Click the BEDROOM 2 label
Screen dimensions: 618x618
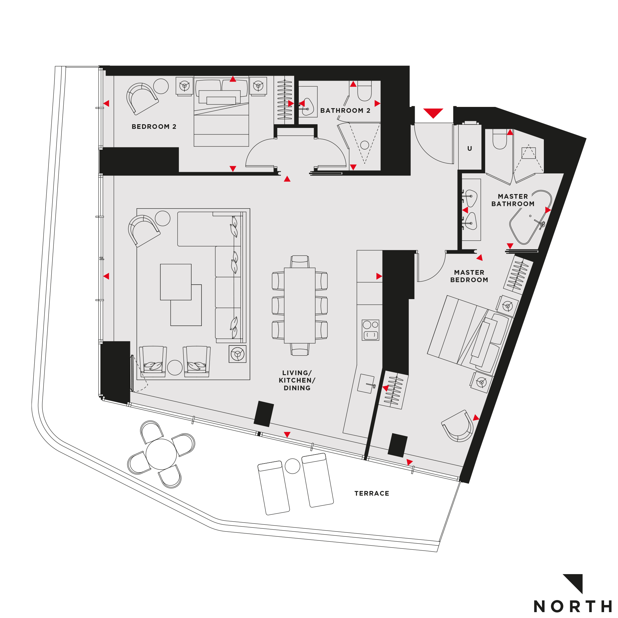pyautogui.click(x=154, y=127)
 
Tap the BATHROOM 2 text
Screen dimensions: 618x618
pyautogui.click(x=345, y=111)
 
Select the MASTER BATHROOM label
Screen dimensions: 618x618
pyautogui.click(x=513, y=200)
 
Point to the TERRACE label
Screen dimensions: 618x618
pyautogui.click(x=372, y=493)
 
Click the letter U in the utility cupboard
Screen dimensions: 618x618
pyautogui.click(x=470, y=148)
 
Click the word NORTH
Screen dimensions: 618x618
pyautogui.click(x=573, y=606)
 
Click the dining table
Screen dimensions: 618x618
pyautogui.click(x=300, y=306)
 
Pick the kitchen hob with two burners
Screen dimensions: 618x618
pyautogui.click(x=370, y=330)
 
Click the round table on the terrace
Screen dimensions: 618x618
pyautogui.click(x=161, y=454)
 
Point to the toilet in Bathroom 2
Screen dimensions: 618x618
pyautogui.click(x=364, y=91)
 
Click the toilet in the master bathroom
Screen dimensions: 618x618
pyautogui.click(x=500, y=139)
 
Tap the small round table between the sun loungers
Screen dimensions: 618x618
pyautogui.click(x=292, y=466)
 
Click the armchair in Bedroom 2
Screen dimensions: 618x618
pyautogui.click(x=142, y=98)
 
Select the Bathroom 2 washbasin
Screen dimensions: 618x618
pyautogui.click(x=307, y=107)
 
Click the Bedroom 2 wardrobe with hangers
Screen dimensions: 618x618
pyautogui.click(x=284, y=100)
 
